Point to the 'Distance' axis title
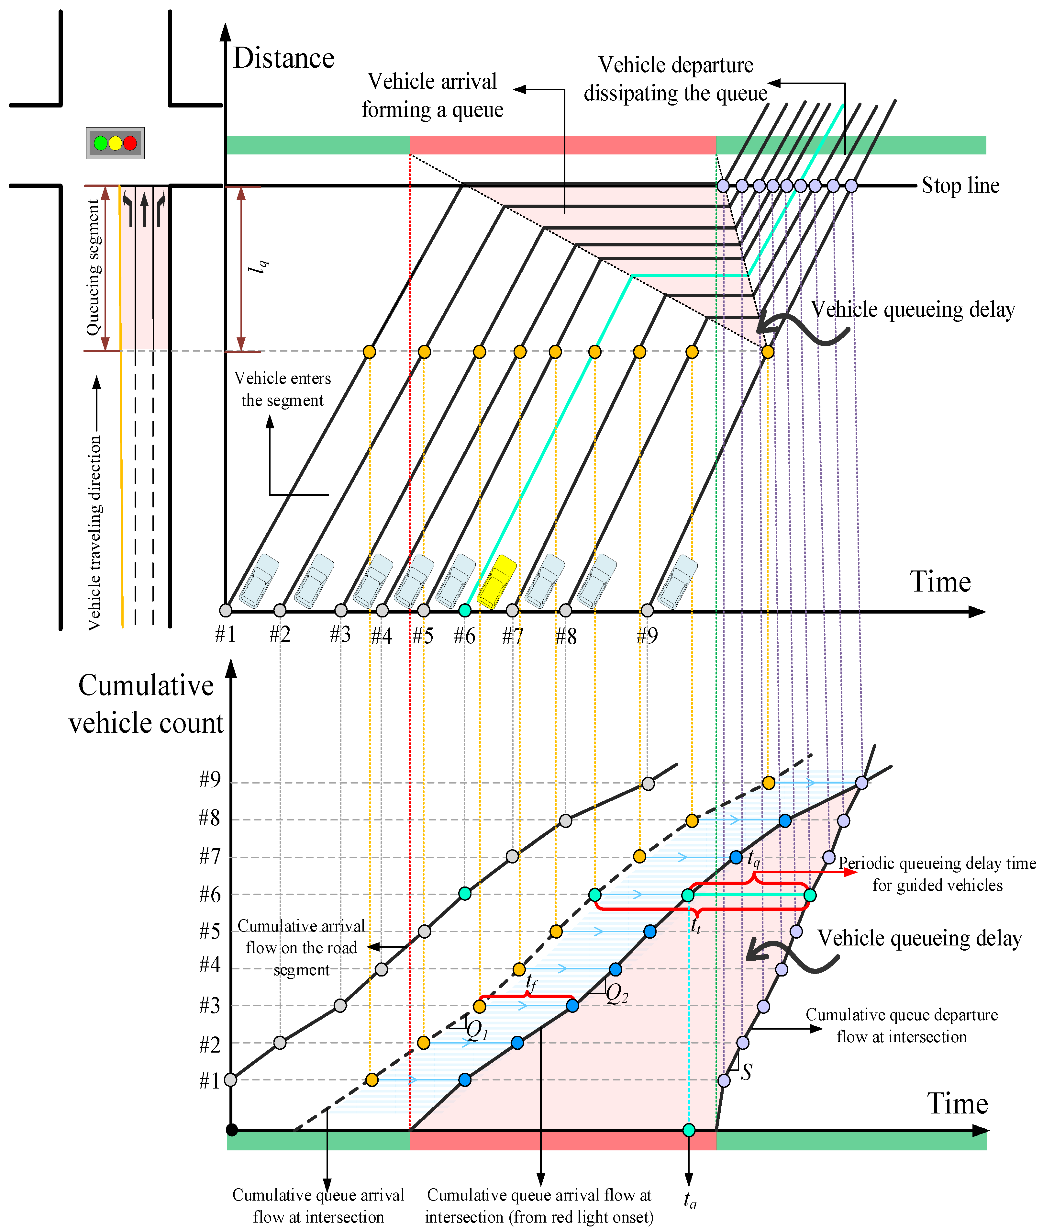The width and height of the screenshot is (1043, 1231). pos(284,58)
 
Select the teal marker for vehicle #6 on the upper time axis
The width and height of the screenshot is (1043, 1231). pos(465,610)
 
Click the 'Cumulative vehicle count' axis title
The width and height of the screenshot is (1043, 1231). pos(146,704)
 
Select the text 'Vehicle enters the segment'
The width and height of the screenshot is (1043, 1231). pos(283,389)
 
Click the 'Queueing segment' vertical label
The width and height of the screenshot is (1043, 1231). pos(94,267)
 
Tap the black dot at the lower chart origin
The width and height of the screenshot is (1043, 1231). pos(232,1130)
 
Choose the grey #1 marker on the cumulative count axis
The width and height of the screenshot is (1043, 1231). pos(231,1079)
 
